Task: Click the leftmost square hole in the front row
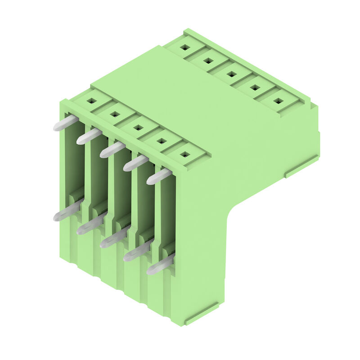click(x=91, y=101)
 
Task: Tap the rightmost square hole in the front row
click(x=184, y=154)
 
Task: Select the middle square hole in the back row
click(x=231, y=73)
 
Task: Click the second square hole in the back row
click(x=208, y=60)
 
